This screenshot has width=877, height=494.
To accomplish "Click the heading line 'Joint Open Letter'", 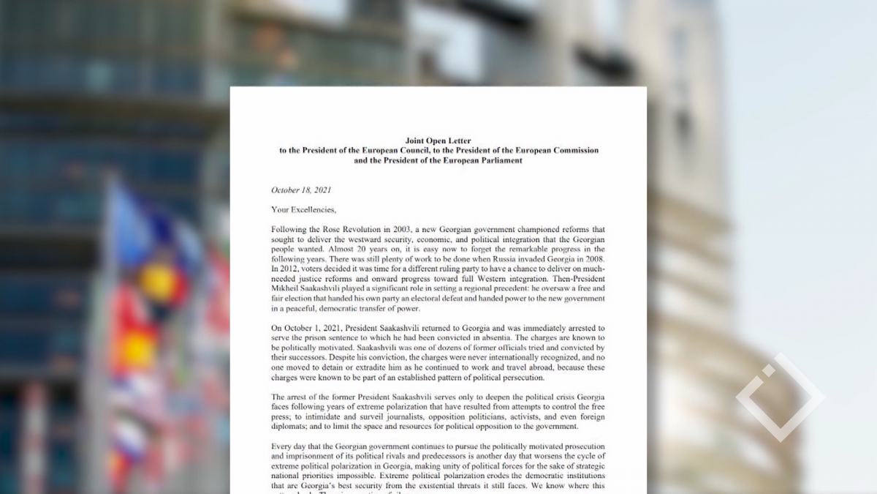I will (438, 141).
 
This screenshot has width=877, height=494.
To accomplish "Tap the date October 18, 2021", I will (301, 190).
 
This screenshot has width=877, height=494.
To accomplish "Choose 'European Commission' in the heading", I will (556, 151).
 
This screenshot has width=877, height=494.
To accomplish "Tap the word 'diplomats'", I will (290, 427).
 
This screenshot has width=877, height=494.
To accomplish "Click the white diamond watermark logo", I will (780, 397).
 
